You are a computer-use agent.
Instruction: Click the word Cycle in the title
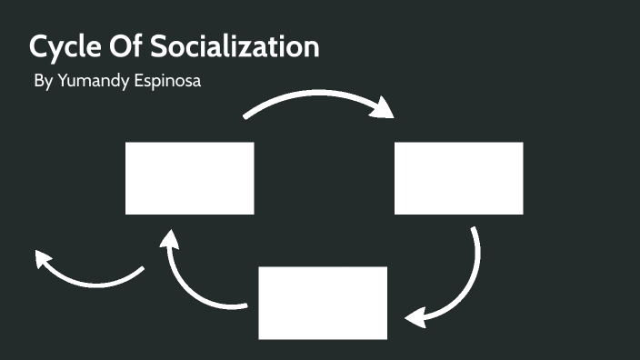tap(66, 47)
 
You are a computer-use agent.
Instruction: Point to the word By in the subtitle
tap(42, 81)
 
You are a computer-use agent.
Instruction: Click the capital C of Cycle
tap(40, 46)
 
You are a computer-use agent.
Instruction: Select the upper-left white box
tap(189, 178)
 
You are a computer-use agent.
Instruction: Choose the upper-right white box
tap(458, 178)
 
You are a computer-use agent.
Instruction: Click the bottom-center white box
tap(323, 302)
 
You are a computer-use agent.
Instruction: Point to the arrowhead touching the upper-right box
tap(383, 108)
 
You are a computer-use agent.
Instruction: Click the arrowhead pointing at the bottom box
tap(416, 318)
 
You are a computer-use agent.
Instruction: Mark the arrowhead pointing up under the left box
tap(168, 240)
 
